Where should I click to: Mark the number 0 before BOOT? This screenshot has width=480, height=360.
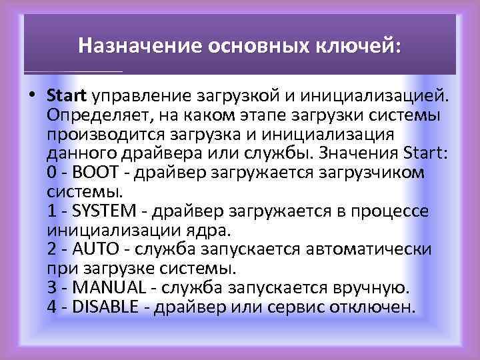(52, 173)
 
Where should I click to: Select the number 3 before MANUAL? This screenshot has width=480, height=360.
(52, 289)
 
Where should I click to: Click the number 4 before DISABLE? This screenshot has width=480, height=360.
(52, 308)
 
